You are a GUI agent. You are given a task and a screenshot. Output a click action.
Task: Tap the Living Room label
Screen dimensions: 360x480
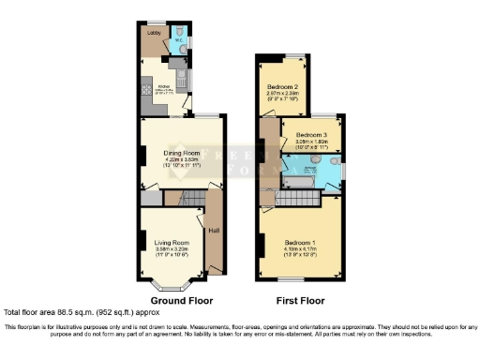point(171,242)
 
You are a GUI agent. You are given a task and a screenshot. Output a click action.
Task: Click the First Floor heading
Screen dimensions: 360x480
point(300,301)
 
